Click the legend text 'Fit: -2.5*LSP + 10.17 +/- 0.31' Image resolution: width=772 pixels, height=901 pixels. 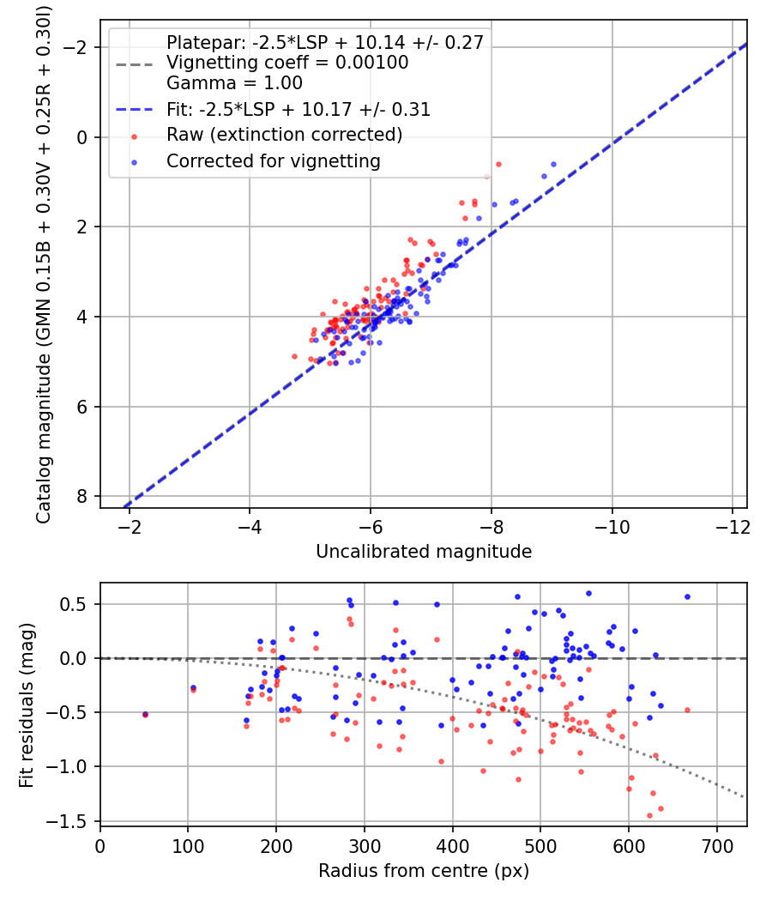[x=299, y=110]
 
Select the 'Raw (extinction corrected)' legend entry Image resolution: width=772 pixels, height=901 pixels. [x=284, y=135]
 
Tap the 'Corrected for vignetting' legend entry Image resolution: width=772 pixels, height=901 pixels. [x=274, y=160]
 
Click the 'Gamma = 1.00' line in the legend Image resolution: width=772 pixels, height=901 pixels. [x=234, y=84]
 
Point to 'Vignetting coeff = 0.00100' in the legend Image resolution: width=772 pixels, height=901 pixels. [x=287, y=63]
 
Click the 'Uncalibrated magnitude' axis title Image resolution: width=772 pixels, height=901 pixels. [x=424, y=551]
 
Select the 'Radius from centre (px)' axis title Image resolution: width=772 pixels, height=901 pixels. [x=424, y=871]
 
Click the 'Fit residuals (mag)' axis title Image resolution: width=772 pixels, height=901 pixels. [x=27, y=704]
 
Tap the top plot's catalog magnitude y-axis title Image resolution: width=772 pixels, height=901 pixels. [x=44, y=264]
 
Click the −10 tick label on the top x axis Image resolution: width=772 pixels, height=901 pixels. [x=612, y=523]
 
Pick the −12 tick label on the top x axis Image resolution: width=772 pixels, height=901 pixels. [x=733, y=523]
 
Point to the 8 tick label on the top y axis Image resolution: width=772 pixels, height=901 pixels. [x=82, y=497]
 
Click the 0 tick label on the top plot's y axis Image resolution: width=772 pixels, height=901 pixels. [x=82, y=137]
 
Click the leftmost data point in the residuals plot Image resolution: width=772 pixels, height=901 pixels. [x=145, y=714]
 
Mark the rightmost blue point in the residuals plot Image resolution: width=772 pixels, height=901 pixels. [x=687, y=596]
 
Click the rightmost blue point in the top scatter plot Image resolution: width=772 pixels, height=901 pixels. [x=553, y=164]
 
